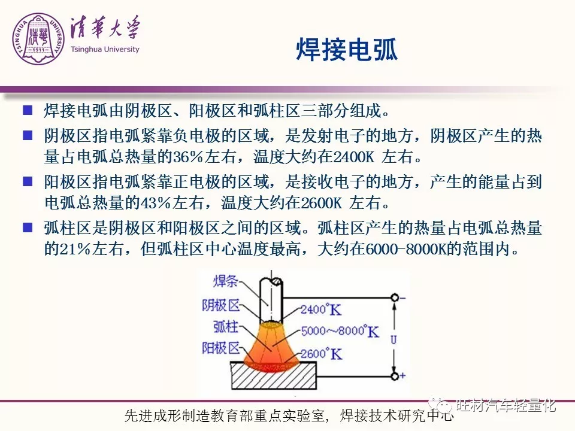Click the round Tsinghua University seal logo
38,40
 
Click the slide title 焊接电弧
347,49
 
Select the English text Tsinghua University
105,50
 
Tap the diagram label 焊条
226,281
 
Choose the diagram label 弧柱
226,326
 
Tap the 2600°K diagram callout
321,354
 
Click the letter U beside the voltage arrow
394,340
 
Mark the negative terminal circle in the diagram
395,298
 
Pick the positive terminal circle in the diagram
395,376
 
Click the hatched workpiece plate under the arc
274,376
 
